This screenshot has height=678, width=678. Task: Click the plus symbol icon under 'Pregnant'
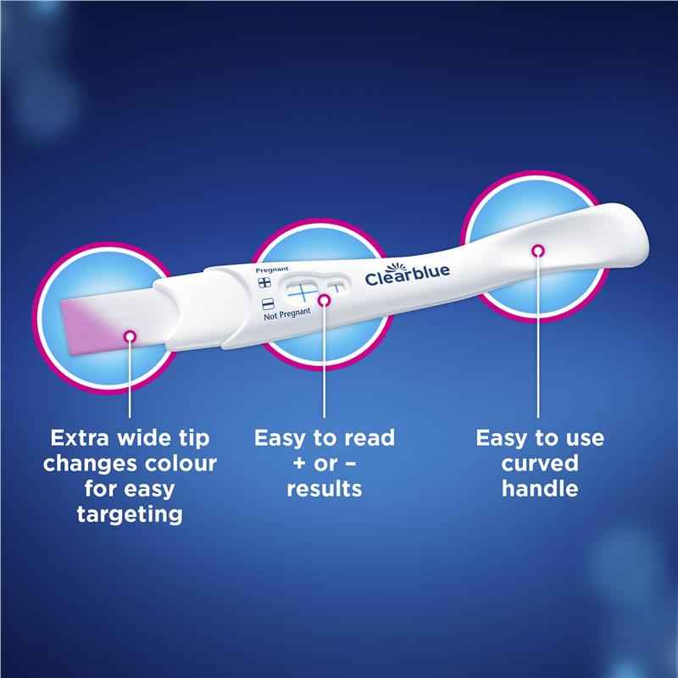(x=264, y=282)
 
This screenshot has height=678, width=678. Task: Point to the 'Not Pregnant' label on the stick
(x=286, y=316)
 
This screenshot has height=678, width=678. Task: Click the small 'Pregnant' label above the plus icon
(x=266, y=269)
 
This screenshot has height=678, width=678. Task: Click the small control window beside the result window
(x=336, y=287)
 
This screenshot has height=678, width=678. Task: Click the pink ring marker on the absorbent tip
(x=130, y=337)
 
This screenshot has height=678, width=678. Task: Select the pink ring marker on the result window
(x=324, y=299)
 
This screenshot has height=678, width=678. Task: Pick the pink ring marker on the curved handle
(x=537, y=249)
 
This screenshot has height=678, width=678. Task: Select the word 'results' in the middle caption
(x=324, y=489)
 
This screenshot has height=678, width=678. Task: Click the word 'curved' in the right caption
(x=539, y=464)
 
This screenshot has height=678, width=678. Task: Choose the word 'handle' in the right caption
(x=539, y=489)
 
